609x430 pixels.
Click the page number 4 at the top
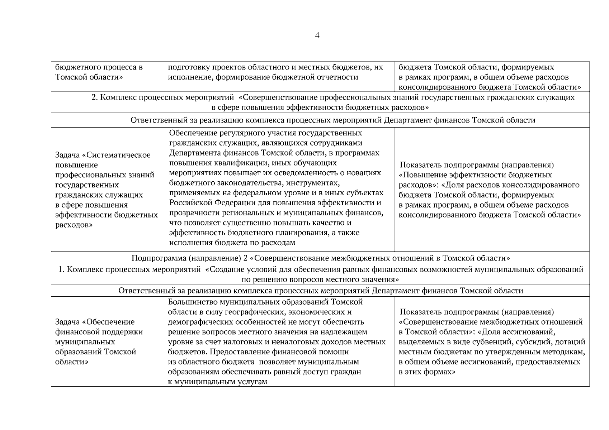(x=317, y=35)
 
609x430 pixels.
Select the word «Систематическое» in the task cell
(x=118, y=155)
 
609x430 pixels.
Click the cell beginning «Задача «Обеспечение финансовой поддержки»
(x=107, y=341)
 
